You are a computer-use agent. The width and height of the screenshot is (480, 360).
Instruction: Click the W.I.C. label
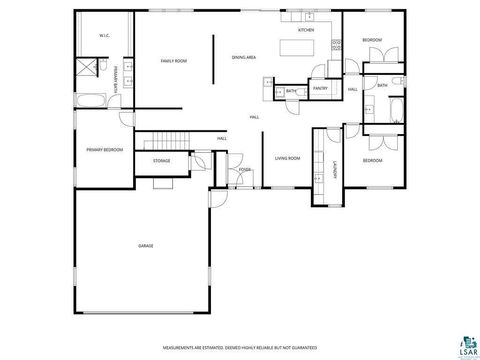pos(104,36)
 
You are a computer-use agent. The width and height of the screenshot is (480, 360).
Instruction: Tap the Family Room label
pos(174,61)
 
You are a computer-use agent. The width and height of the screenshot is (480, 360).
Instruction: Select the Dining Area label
pos(244,58)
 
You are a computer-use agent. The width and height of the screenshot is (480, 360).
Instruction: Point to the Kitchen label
pos(306,31)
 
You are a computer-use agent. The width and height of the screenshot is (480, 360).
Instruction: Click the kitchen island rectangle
pos(297,47)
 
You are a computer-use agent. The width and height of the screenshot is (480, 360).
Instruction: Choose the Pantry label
pos(320,88)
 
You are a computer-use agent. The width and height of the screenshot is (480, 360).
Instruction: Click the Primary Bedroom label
pos(104,149)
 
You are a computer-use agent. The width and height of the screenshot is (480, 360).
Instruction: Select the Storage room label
pos(161,160)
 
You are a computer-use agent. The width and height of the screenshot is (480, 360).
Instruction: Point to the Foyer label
pos(243,171)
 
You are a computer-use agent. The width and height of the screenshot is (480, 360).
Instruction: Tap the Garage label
pos(145,245)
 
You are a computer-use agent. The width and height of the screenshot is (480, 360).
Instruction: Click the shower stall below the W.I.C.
pos(87,67)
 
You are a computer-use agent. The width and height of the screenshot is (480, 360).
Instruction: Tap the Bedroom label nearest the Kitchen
pos(372,39)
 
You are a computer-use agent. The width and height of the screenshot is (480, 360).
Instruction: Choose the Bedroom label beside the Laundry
pos(372,160)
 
